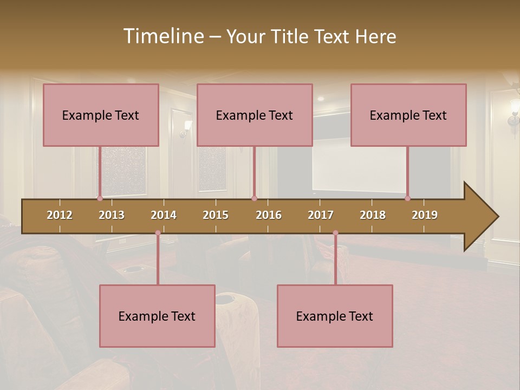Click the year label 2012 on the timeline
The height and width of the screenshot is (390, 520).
pos(60,215)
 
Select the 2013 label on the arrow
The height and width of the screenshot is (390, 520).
pos(112,215)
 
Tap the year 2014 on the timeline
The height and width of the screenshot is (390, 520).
pos(164,215)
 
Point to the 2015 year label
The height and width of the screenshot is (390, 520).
pos(216,215)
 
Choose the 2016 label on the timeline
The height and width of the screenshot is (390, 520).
pos(269,215)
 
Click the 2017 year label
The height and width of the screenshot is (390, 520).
pos(321,215)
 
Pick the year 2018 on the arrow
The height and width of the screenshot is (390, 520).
pos(373,215)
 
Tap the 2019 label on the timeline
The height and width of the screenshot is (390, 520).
pos(425,215)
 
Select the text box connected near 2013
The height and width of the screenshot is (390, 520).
pos(101,115)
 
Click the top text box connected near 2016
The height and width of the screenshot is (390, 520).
pos(255,115)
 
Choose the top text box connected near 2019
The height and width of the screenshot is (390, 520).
pos(408,115)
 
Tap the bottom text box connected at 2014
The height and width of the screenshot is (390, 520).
pos(157,316)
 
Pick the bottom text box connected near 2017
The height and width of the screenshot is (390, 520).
pos(335,316)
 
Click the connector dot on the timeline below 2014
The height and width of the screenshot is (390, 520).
pos(158,233)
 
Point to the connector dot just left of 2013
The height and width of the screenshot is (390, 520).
pos(100,198)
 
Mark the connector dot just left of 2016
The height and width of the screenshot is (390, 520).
pos(254,198)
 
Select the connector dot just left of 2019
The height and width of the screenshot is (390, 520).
pos(407,198)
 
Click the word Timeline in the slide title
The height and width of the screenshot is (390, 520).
pos(163,36)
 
